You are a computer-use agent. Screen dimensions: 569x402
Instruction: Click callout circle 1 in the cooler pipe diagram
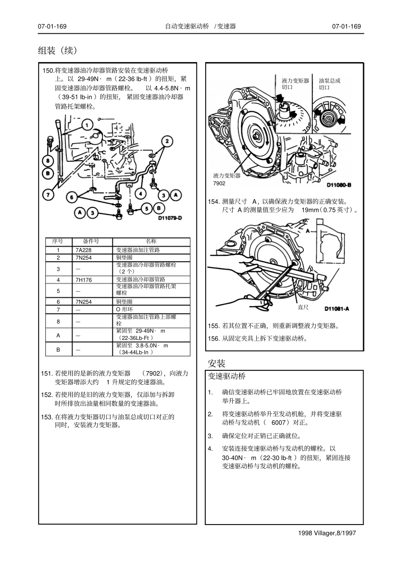pos(87,125)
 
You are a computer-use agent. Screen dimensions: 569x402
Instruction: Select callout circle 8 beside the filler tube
pos(47,161)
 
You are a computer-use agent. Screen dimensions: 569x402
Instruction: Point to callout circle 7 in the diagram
pos(48,195)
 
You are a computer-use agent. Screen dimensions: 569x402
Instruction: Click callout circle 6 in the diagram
pos(72,197)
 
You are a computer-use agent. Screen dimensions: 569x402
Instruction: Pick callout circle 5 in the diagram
pos(146,208)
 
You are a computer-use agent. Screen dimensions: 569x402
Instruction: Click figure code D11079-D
pos(170,218)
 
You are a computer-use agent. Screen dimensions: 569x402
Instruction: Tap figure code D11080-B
pos(339,185)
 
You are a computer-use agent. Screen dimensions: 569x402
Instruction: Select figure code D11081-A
pos(336,309)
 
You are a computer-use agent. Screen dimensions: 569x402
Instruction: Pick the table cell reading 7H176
pos(84,280)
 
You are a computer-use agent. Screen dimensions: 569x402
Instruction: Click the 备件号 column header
pos(91,241)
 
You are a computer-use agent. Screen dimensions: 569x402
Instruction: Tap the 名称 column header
pos(151,241)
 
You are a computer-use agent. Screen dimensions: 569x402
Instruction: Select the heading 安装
pos(216,363)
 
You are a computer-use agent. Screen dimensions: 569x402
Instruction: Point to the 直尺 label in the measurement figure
pos(303,307)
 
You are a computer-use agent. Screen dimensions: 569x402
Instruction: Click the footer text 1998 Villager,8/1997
pos(327,533)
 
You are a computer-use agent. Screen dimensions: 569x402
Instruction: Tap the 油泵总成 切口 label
pos(329,84)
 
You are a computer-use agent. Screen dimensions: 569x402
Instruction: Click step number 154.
pos(214,202)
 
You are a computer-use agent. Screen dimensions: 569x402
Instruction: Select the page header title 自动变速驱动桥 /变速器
pos(200,26)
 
